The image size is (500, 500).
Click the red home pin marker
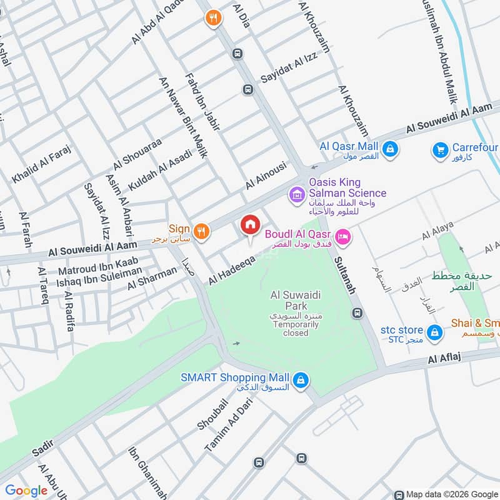249,226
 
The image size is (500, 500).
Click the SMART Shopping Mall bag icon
301,379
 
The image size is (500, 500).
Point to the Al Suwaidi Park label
288,301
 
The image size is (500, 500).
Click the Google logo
26,491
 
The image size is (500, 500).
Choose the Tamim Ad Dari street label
221,428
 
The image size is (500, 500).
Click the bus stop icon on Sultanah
357,312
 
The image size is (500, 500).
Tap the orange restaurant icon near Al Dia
214,19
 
